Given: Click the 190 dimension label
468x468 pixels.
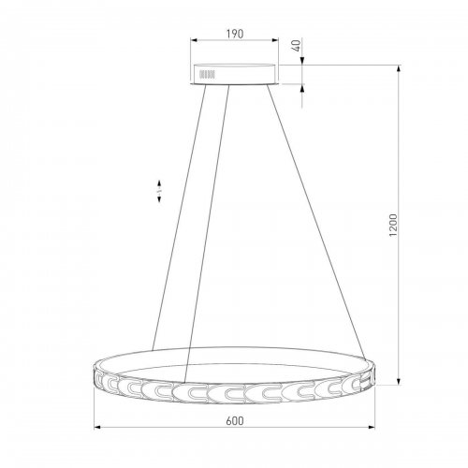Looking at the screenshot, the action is (x=235, y=34).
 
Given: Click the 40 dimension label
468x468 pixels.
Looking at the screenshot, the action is (x=297, y=46).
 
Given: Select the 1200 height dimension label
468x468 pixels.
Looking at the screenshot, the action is (x=393, y=225).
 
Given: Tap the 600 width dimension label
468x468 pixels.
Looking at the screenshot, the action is (x=235, y=421).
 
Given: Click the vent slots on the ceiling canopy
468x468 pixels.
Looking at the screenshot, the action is (x=207, y=74).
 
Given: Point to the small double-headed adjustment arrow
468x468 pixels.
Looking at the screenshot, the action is (x=159, y=191).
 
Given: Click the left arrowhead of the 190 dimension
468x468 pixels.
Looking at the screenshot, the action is (x=194, y=40).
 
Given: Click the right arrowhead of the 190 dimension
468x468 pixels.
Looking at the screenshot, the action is (x=274, y=40).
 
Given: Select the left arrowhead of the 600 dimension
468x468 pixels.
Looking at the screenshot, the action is (x=97, y=427).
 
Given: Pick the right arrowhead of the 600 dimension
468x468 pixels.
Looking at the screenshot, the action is (x=372, y=427).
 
